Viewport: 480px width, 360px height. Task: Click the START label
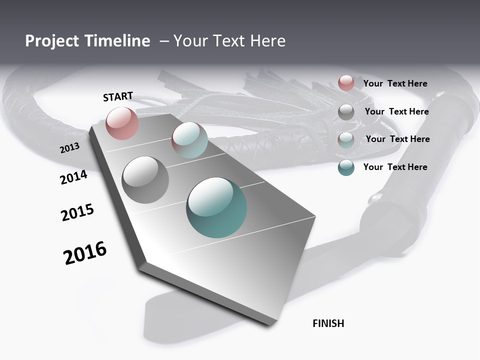tap(118, 96)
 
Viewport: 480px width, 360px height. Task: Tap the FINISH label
tap(328, 323)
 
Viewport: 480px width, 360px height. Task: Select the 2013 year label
tap(70, 147)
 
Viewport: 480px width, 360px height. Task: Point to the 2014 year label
tap(74, 177)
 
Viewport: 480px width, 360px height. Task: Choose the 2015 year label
tap(77, 212)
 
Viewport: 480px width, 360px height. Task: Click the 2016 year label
tap(85, 252)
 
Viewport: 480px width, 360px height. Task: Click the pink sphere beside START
tap(122, 123)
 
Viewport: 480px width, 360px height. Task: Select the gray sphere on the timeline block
tap(145, 180)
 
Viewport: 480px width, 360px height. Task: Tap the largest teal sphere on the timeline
tap(216, 207)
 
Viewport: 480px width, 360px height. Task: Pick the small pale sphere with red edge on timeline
tap(189, 140)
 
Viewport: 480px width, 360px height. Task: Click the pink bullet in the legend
tap(346, 83)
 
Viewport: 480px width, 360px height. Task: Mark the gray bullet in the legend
tap(346, 112)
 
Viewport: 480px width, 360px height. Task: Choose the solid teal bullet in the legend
tap(346, 167)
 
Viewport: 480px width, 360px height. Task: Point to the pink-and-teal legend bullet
tap(346, 140)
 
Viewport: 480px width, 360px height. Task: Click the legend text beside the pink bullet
tap(395, 83)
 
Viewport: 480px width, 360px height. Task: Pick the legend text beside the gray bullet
tap(396, 111)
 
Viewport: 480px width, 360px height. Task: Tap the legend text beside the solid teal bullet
tap(395, 167)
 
